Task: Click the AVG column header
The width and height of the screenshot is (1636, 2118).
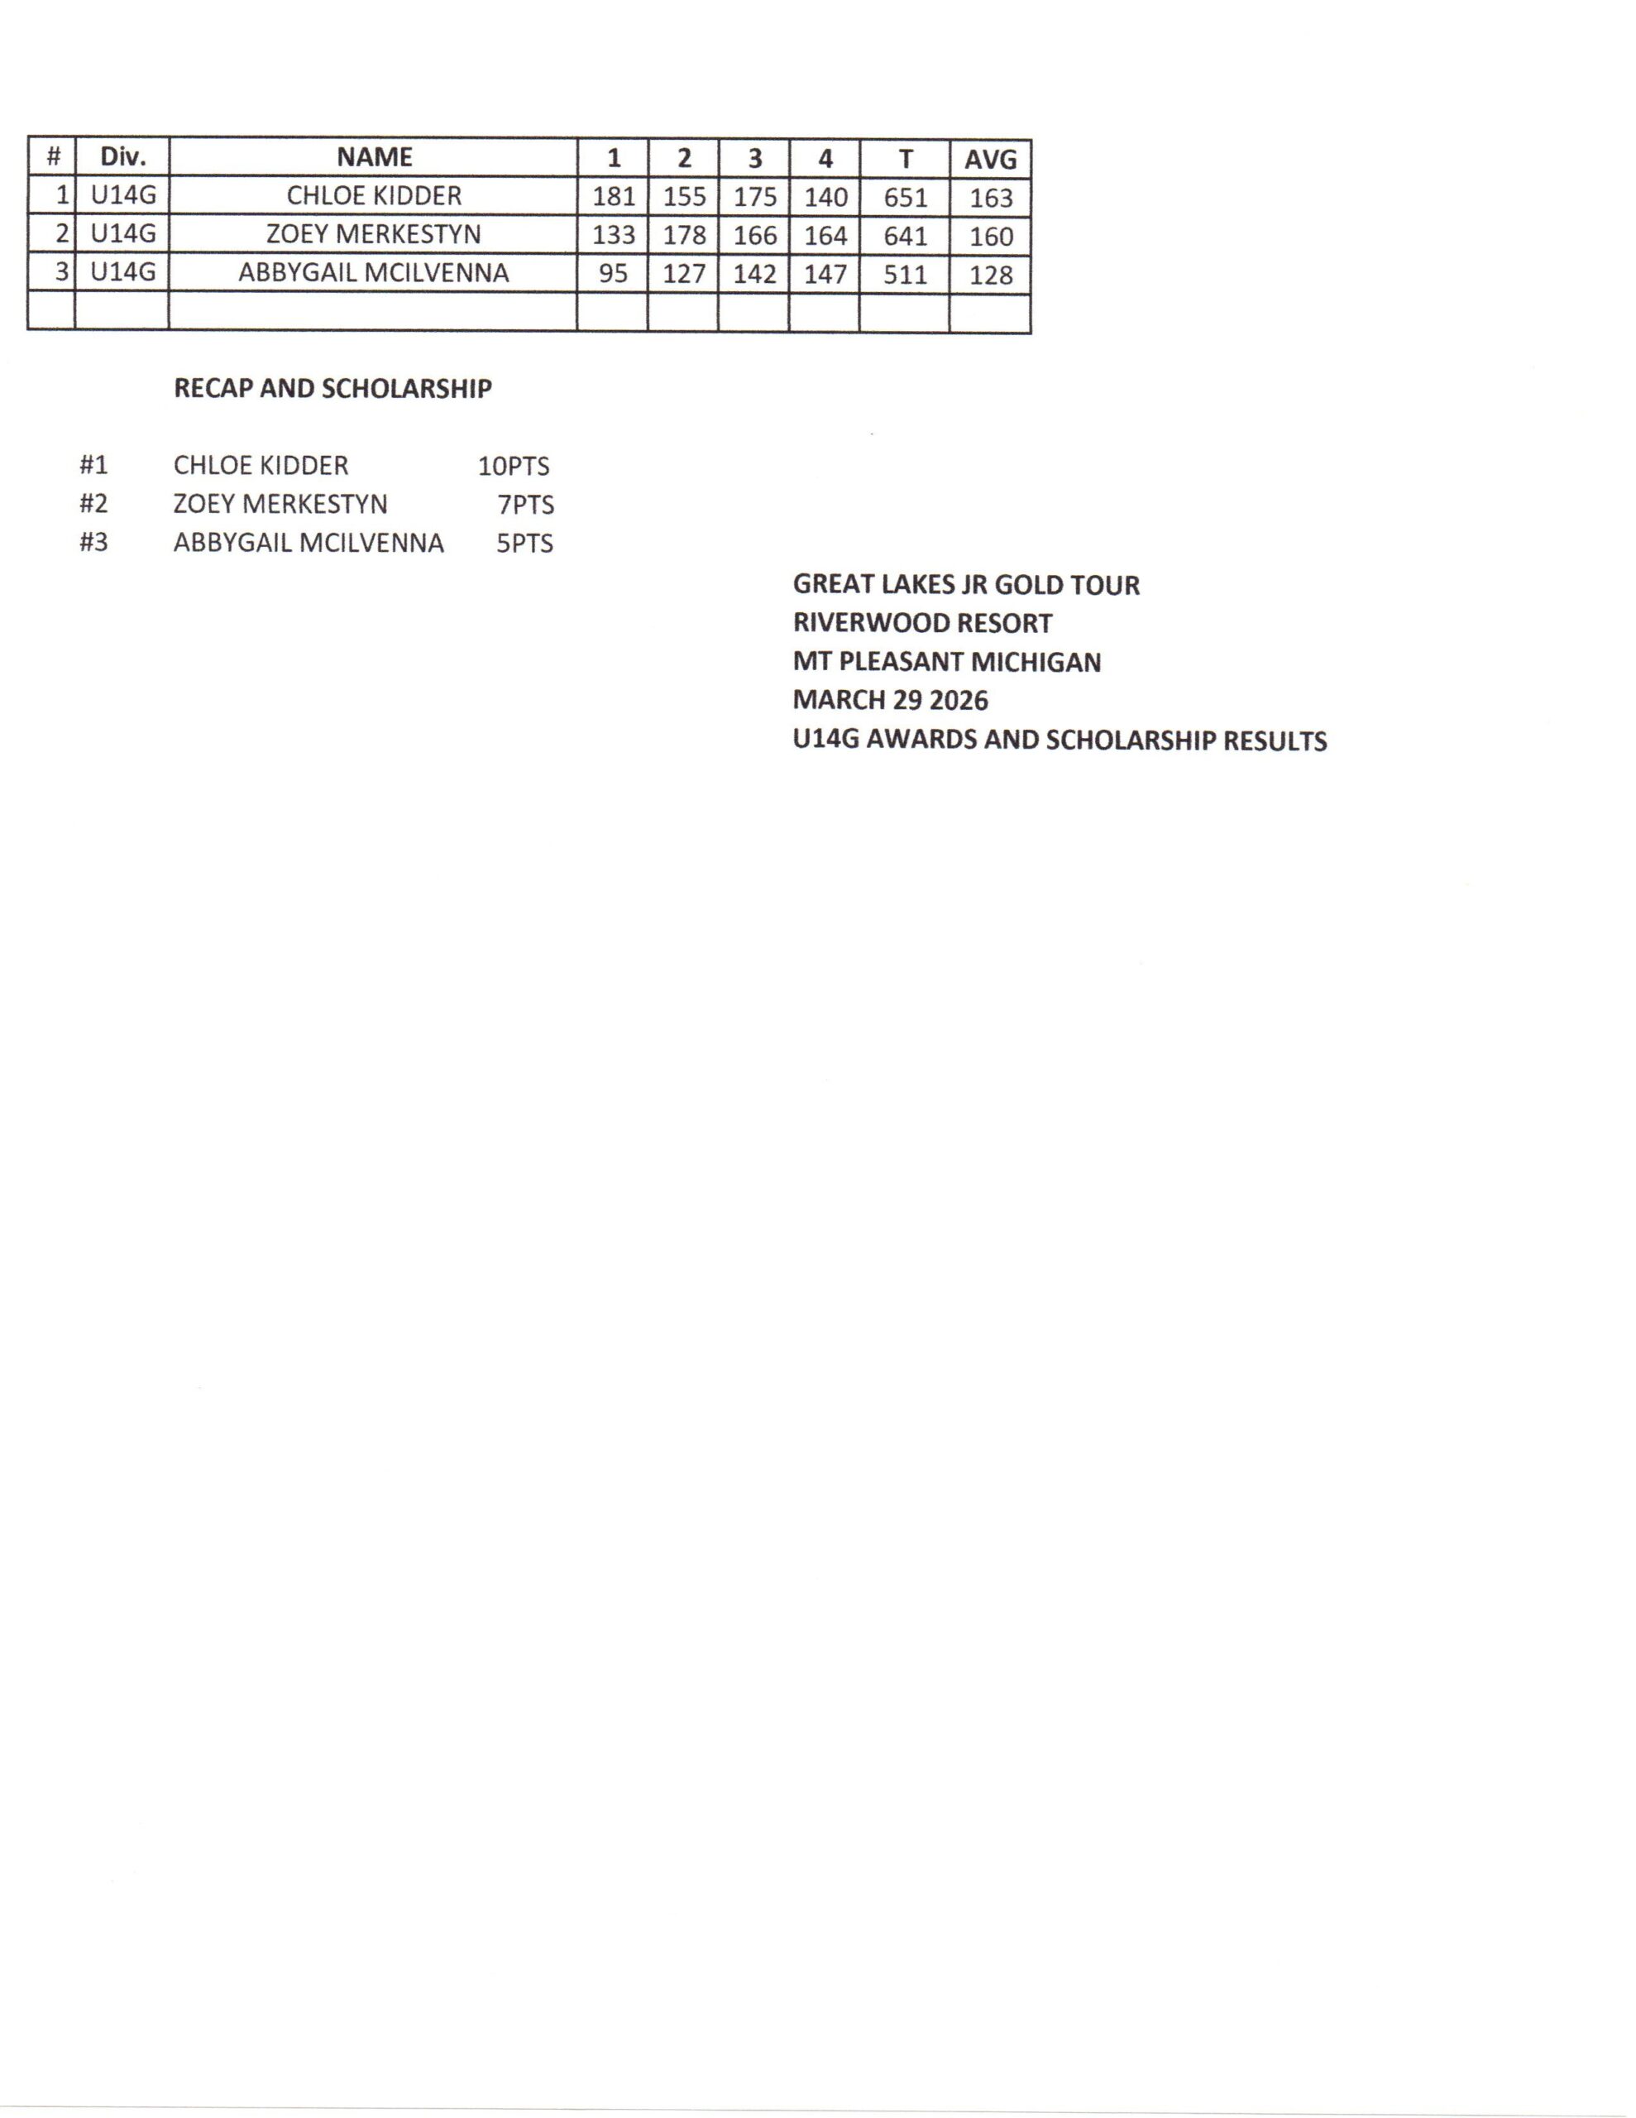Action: [989, 159]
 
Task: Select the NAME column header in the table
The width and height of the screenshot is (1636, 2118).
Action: [375, 157]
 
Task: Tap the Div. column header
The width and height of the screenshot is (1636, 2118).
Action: [122, 157]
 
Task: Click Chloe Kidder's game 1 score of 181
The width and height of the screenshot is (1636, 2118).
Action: [613, 197]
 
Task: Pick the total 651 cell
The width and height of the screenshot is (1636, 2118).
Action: [905, 198]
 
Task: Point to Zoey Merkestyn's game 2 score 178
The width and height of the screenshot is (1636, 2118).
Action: [684, 236]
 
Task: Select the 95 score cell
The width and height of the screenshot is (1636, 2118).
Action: [613, 274]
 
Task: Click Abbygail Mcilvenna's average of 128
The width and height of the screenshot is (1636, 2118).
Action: [990, 276]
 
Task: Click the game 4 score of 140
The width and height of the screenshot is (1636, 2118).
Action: [825, 198]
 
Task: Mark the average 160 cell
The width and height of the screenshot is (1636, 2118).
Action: [990, 237]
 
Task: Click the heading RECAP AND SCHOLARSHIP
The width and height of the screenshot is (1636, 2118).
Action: [332, 389]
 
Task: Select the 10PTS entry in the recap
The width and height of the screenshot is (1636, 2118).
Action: [513, 467]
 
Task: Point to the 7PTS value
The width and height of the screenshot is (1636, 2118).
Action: [525, 506]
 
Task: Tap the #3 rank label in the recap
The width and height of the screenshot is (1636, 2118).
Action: [93, 542]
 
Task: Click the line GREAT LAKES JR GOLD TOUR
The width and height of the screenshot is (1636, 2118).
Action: [966, 585]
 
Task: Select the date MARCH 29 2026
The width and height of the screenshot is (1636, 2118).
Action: [890, 700]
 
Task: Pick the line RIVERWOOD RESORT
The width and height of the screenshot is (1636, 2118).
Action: [922, 624]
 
